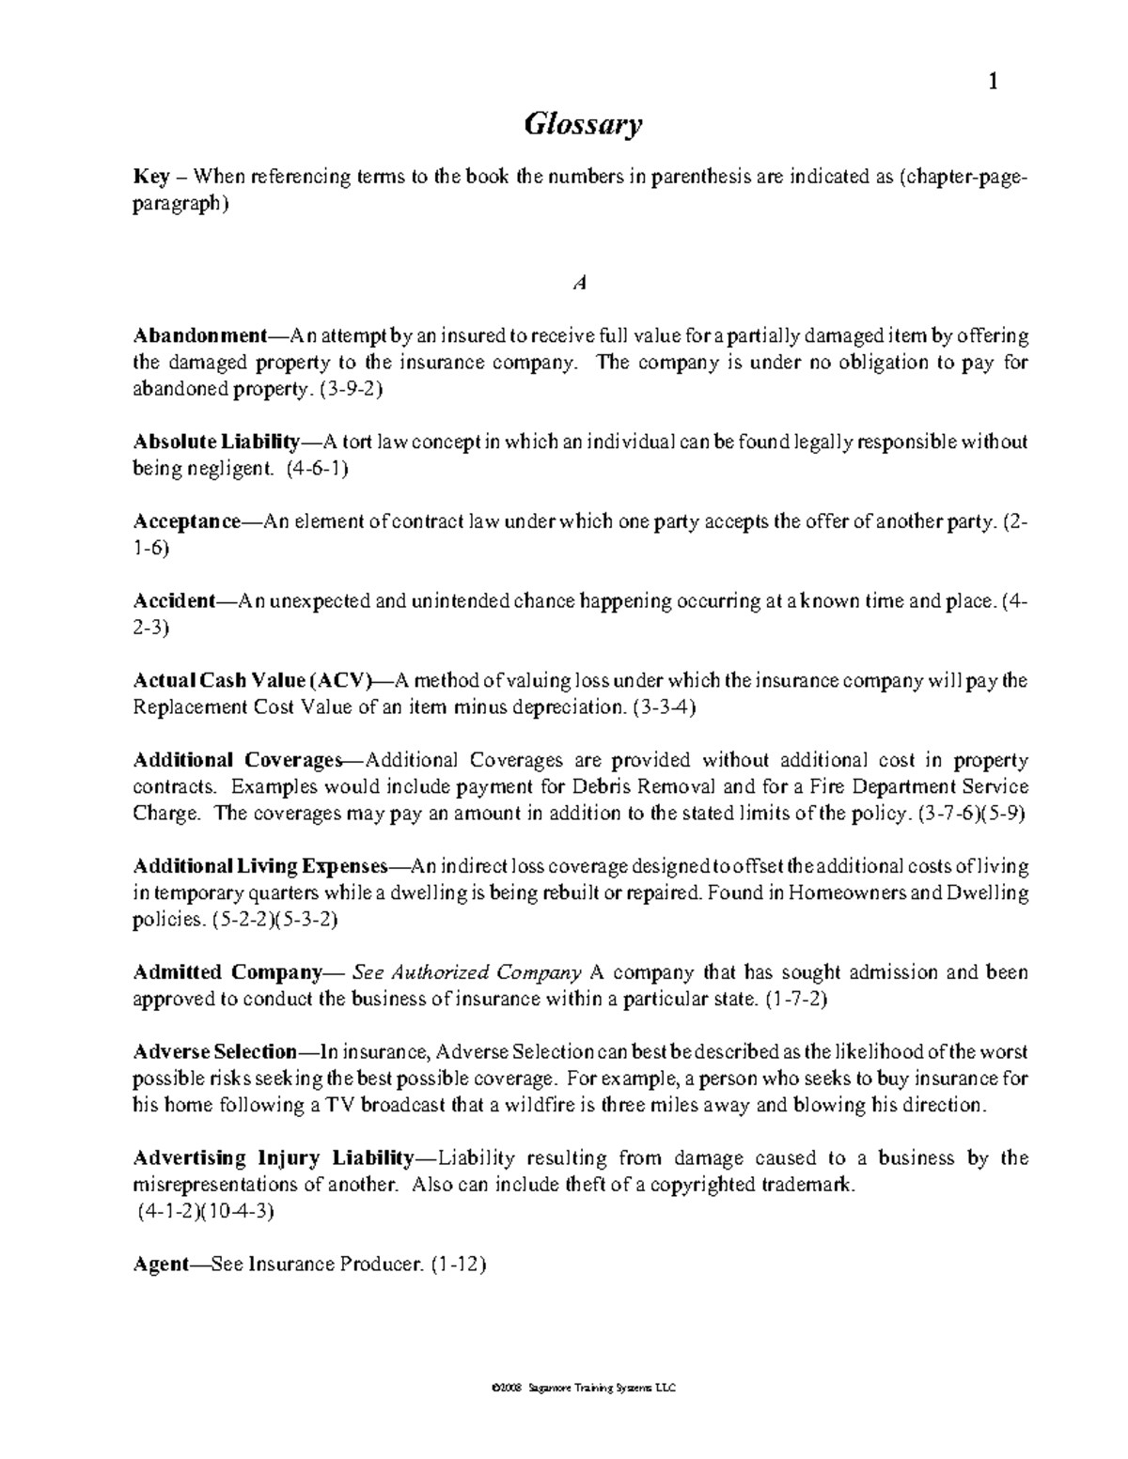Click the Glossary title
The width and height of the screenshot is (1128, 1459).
[x=582, y=125]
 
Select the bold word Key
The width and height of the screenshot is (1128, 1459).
[x=150, y=177]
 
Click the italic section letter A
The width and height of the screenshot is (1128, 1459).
[x=580, y=283]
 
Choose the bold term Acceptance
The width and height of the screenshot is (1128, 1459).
[x=187, y=521]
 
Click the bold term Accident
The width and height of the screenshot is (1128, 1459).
[x=174, y=601]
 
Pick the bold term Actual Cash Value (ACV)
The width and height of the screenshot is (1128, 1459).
[x=253, y=681]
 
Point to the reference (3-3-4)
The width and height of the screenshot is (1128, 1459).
[x=665, y=707]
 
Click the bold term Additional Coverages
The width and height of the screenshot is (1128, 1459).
[x=240, y=760]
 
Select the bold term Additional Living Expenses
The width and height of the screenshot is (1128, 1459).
[x=259, y=866]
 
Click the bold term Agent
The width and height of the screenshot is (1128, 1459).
[x=162, y=1265]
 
